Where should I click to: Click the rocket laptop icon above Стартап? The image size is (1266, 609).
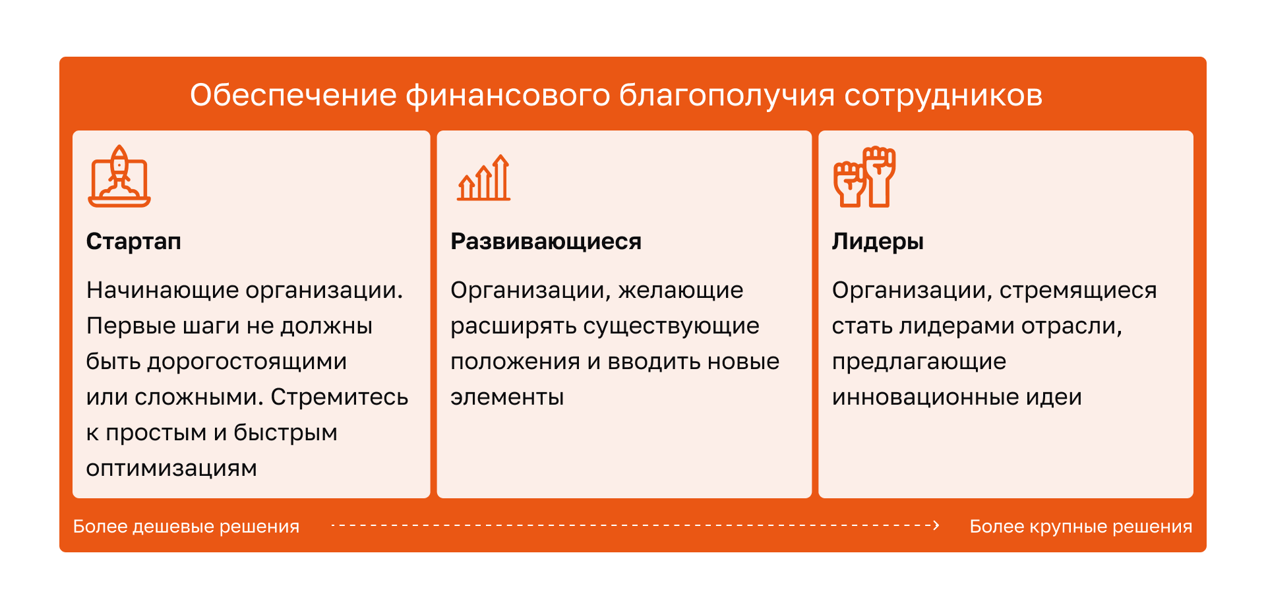pyautogui.click(x=119, y=176)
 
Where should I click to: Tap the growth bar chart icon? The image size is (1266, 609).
pyautogui.click(x=484, y=177)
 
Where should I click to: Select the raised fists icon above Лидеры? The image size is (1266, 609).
pyautogui.click(x=864, y=177)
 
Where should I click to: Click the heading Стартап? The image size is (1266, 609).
pyautogui.click(x=134, y=241)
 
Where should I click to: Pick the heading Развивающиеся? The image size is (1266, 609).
pyautogui.click(x=546, y=241)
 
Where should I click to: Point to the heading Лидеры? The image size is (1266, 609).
pyautogui.click(x=878, y=241)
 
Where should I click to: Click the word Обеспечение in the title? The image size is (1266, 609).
pyautogui.click(x=293, y=95)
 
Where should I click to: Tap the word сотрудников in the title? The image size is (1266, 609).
pyautogui.click(x=944, y=96)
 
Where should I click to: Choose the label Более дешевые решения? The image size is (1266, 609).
pyautogui.click(x=187, y=527)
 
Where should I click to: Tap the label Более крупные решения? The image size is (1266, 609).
pyautogui.click(x=1081, y=527)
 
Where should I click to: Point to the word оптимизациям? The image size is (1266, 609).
pyautogui.click(x=171, y=469)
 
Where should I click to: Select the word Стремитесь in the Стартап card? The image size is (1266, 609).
pyautogui.click(x=340, y=397)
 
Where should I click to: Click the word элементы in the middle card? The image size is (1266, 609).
pyautogui.click(x=507, y=397)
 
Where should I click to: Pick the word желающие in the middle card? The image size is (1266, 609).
pyautogui.click(x=681, y=291)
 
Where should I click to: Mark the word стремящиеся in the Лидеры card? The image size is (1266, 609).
pyautogui.click(x=1078, y=291)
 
